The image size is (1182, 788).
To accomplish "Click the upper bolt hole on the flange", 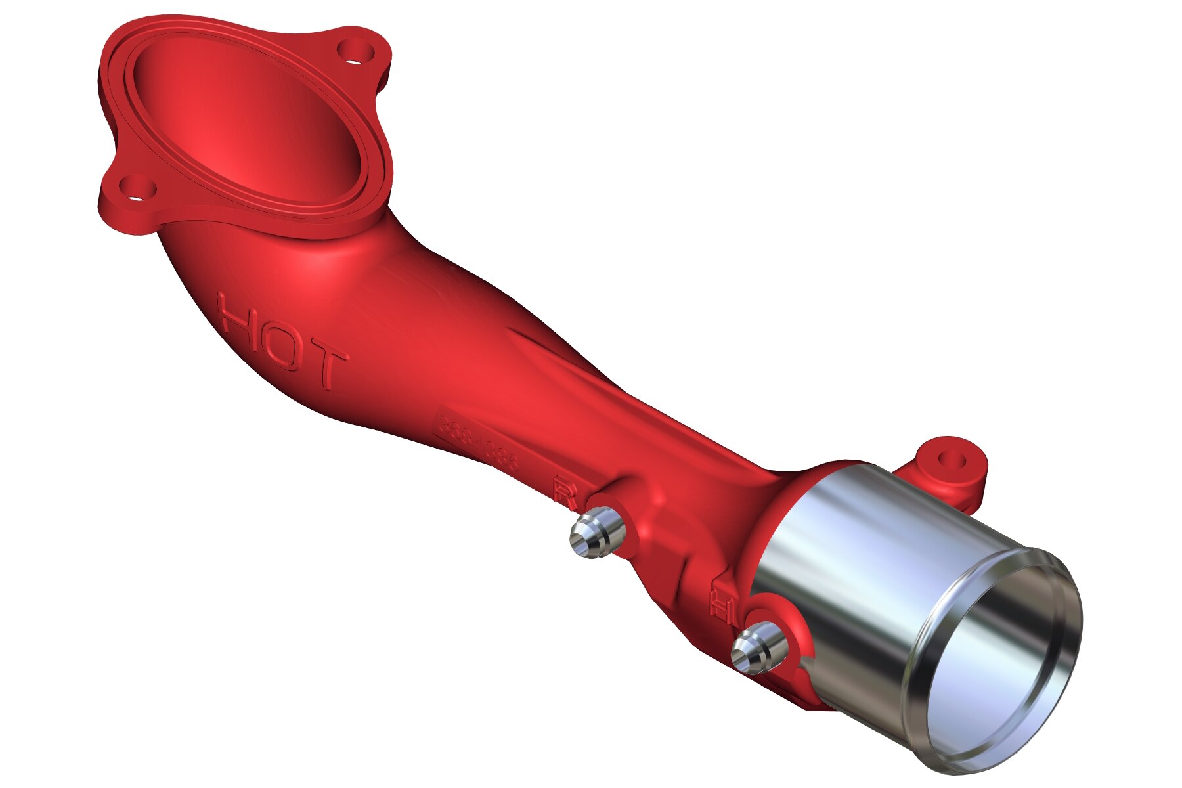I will tap(355, 51).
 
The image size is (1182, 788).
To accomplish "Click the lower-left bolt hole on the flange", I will tap(138, 188).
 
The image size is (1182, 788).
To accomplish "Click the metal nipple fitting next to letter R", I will tap(595, 534).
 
